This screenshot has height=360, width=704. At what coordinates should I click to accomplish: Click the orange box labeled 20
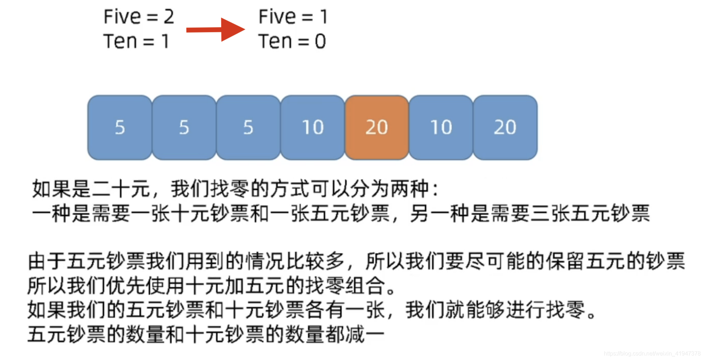pos(377,127)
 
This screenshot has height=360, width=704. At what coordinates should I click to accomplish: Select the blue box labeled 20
pos(505,127)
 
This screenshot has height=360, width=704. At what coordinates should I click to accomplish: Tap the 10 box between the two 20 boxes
pos(441,127)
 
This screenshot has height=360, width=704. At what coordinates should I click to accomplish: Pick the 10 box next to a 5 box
pos(312,127)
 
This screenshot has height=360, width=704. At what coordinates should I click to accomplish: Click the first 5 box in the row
pos(120,127)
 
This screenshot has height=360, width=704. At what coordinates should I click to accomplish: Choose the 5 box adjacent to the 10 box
pos(248,127)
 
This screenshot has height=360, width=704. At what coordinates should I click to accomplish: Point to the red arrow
pos(216,29)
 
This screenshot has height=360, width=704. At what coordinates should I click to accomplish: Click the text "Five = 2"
pos(139,17)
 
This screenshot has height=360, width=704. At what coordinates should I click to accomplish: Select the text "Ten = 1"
pos(136,41)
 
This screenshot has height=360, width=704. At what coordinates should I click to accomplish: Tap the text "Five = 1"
pos(293,17)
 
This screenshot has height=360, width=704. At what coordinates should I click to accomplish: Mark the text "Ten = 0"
pos(292,41)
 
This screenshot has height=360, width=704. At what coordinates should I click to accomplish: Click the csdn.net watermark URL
pos(652,353)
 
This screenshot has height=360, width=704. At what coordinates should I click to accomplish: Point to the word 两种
pos(410,189)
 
